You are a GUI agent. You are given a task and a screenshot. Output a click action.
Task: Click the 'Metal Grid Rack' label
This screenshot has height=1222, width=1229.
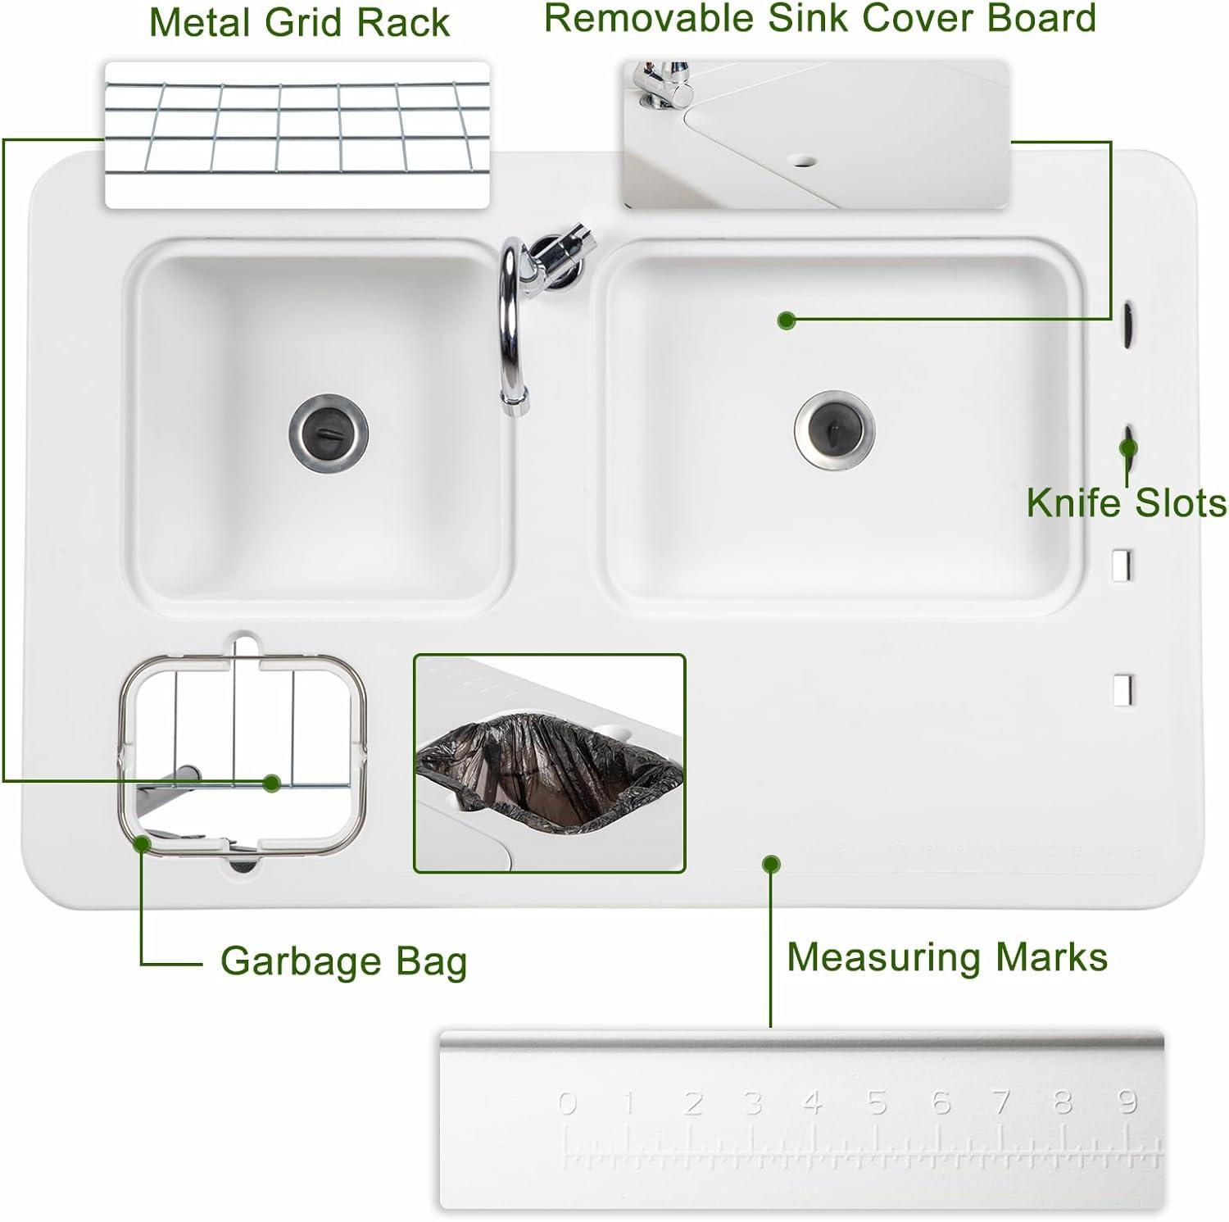[x=299, y=22]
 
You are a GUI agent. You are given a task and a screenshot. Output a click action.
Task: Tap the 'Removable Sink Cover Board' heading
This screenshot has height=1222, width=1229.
[x=820, y=18]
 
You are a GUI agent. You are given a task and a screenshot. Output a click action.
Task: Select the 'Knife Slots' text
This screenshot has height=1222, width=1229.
[x=1127, y=502]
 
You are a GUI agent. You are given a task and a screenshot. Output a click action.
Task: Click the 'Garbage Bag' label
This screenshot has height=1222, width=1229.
[x=343, y=961]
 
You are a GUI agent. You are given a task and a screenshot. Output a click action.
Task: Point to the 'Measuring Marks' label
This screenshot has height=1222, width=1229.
[x=947, y=956]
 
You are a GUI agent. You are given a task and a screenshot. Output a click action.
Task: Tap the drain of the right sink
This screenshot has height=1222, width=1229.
[x=834, y=431]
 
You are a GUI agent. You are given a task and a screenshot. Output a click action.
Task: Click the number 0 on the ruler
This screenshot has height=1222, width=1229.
[x=567, y=1103]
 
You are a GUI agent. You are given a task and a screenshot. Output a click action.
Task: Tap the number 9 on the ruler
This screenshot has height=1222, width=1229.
[x=1127, y=1101]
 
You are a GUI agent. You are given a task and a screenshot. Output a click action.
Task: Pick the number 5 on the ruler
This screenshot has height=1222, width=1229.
[x=877, y=1102]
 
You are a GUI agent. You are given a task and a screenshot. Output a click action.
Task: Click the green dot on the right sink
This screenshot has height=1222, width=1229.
[x=787, y=320]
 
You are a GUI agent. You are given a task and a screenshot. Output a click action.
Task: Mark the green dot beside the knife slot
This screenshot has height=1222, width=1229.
[x=1128, y=447]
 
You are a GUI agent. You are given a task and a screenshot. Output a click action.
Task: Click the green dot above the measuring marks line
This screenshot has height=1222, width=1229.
[x=770, y=864]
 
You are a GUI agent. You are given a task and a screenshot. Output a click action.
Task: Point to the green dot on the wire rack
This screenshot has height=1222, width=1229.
[x=272, y=783]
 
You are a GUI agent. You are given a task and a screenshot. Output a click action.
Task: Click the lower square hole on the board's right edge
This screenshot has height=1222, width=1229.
[x=1122, y=690]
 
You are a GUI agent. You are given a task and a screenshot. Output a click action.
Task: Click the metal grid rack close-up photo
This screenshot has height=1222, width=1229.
[x=297, y=134]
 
